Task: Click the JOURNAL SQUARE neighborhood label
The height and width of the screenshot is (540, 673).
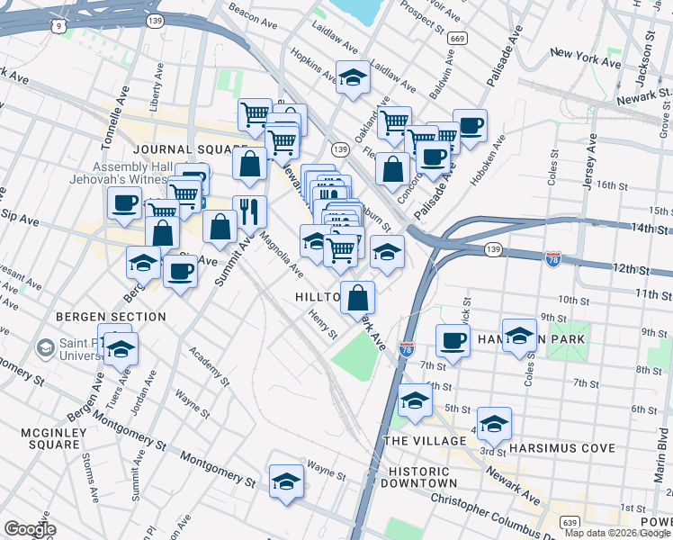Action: point(189,149)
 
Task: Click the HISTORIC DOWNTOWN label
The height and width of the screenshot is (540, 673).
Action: point(418,478)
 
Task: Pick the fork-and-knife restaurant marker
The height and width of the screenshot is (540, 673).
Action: point(249,211)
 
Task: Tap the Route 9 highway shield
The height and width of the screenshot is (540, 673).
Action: point(58,26)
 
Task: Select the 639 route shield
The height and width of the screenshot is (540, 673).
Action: point(569,522)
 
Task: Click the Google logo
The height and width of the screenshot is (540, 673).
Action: point(30,529)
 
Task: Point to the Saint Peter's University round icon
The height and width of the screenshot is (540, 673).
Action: point(45,346)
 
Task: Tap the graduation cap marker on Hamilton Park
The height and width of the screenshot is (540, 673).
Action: point(519,336)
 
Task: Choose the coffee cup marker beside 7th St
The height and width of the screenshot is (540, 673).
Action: point(453,340)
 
